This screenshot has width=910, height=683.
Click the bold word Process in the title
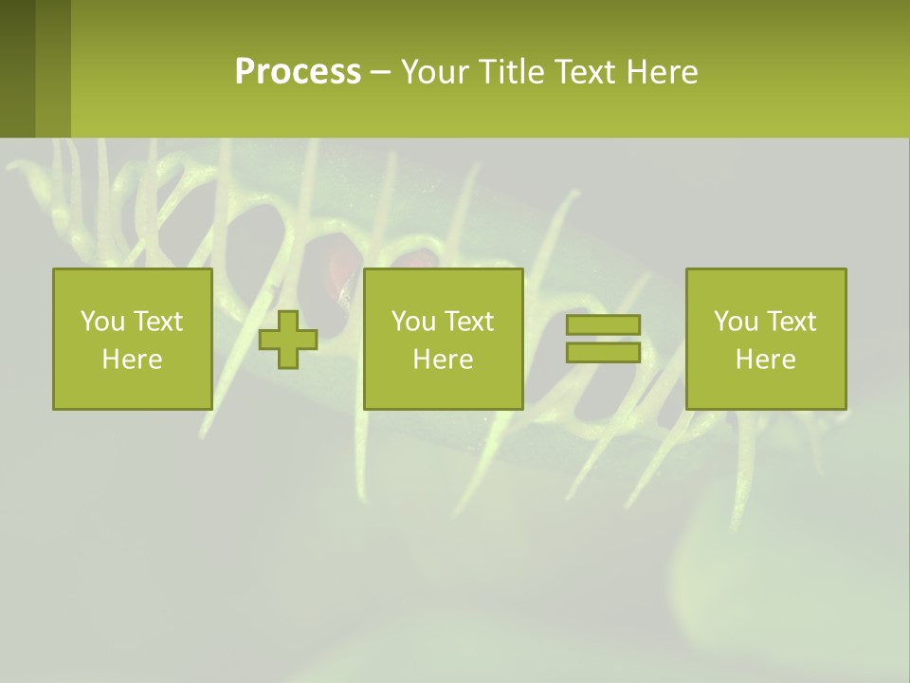pos(298,71)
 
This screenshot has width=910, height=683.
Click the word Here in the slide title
pos(663,71)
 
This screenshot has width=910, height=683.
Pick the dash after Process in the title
pos(380,73)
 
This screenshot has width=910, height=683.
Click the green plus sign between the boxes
pos(288,340)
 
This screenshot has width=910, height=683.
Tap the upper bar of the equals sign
pos(603,325)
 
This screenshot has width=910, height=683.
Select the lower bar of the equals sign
pos(603,352)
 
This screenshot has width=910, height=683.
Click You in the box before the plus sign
pos(101,322)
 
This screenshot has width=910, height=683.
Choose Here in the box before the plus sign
pos(132,360)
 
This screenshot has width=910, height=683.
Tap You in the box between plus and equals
pos(412,322)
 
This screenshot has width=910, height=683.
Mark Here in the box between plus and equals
pos(443,360)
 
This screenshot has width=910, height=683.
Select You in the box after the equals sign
pos(735,322)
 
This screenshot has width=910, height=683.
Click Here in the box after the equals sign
pos(765,360)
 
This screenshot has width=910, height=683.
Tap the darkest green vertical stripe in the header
pos(17,68)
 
